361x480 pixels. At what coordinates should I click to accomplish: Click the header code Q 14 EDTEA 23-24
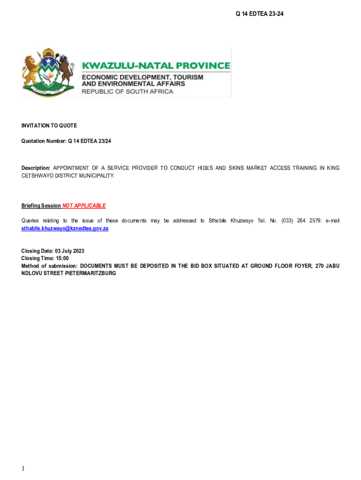click(x=259, y=14)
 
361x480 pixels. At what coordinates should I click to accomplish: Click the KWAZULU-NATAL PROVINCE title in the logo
click(x=156, y=66)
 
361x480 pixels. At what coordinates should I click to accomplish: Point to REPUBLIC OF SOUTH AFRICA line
click(x=128, y=91)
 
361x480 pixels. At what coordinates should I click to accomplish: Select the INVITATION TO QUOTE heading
click(x=49, y=126)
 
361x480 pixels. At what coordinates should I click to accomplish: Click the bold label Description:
click(x=36, y=168)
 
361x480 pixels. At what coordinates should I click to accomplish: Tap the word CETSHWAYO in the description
click(x=36, y=176)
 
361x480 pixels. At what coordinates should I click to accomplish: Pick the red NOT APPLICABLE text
click(x=84, y=206)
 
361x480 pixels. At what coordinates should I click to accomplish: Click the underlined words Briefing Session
click(x=41, y=206)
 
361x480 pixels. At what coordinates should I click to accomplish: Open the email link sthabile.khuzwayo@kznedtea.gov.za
click(x=65, y=228)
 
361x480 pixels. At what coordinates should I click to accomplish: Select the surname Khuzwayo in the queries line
click(x=242, y=221)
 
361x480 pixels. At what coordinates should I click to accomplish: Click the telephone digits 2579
click(x=309, y=221)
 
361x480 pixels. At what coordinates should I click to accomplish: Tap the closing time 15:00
click(x=62, y=258)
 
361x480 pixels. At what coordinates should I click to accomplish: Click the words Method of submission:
click(x=49, y=266)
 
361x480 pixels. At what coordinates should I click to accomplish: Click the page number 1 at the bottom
click(x=23, y=469)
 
